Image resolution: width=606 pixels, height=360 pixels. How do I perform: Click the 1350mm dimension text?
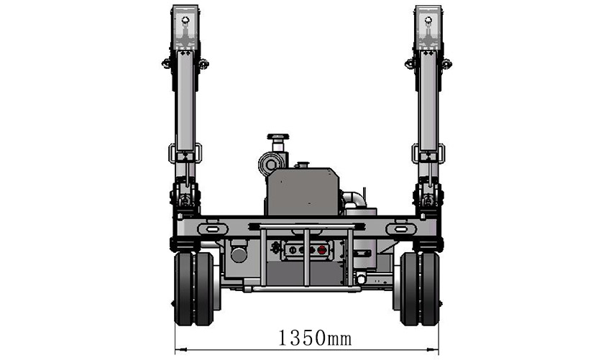(x=315, y=338)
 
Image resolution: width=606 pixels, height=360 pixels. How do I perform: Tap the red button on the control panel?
(x=321, y=250)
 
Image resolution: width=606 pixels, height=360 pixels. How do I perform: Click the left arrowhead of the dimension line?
(x=181, y=349)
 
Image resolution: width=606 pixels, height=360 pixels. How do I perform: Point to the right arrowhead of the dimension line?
(x=433, y=349)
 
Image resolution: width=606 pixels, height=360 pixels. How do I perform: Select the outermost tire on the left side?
(x=183, y=289)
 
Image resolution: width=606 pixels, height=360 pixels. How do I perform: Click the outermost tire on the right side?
(x=430, y=289)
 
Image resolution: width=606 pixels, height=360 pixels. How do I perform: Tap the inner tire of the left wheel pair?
(x=203, y=289)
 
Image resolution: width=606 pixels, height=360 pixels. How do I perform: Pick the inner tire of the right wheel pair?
(x=409, y=289)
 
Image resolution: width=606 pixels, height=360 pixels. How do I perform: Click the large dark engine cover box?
(x=304, y=192)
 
